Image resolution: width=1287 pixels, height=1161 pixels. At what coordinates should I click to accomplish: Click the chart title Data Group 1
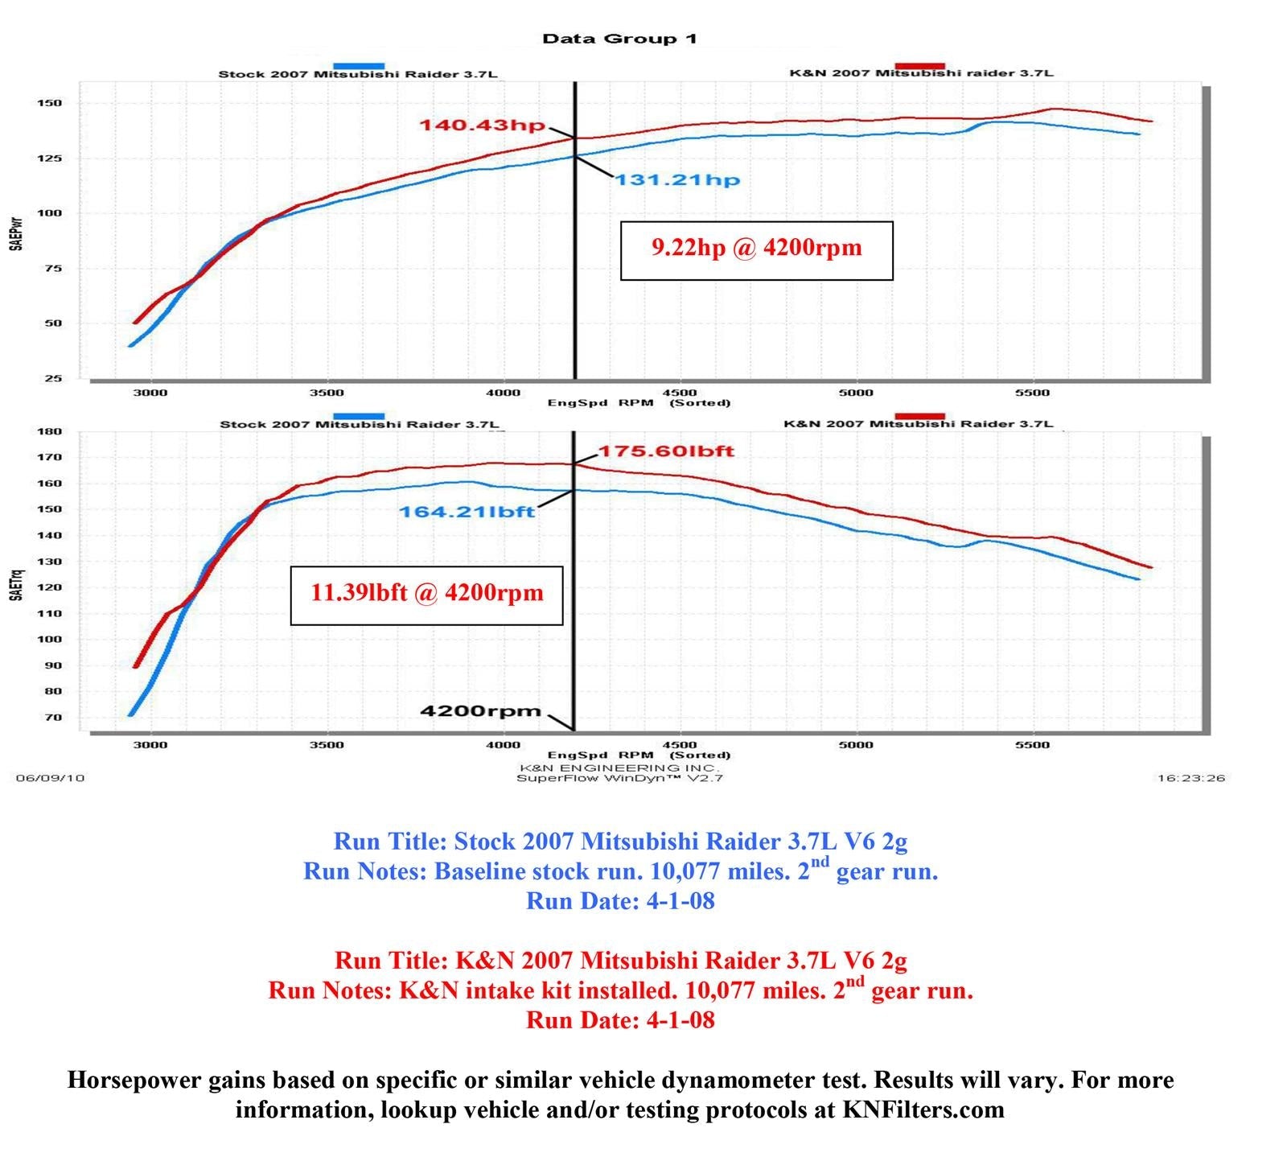[x=619, y=39]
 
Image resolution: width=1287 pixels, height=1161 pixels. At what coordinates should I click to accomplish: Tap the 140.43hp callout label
[x=482, y=126]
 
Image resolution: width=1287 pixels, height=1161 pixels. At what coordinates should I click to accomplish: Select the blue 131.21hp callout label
[x=677, y=179]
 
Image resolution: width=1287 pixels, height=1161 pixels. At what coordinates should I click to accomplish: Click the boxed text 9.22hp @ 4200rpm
[x=756, y=248]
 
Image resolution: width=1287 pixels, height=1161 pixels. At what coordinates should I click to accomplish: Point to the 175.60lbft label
[x=665, y=451]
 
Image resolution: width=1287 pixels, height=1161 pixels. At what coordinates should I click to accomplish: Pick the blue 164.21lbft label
[x=467, y=512]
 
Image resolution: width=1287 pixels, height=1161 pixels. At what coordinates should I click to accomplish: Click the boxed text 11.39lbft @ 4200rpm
[x=426, y=593]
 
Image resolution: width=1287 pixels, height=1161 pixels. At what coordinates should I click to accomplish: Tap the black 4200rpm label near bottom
[x=480, y=710]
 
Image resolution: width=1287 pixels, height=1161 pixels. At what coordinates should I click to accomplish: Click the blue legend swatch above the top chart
[x=358, y=66]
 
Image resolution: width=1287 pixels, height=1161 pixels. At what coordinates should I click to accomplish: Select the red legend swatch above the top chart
[x=919, y=66]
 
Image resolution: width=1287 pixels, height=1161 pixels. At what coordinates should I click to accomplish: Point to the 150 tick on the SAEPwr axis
[x=49, y=103]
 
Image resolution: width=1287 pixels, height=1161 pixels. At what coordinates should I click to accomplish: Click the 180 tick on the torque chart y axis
[x=49, y=431]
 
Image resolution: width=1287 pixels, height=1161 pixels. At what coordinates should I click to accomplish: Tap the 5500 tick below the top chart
[x=1032, y=393]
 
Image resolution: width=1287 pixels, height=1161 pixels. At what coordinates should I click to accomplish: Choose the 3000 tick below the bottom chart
[x=150, y=745]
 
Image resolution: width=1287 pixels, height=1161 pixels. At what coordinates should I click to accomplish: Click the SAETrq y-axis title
[x=16, y=585]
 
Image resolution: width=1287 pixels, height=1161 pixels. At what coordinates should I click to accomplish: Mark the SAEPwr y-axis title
[x=16, y=233]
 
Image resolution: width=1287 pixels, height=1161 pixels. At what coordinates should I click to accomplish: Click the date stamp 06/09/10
[x=50, y=778]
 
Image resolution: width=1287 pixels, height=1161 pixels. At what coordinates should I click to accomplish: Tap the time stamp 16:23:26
[x=1190, y=778]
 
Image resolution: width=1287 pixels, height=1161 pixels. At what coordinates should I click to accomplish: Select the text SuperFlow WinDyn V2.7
[x=619, y=778]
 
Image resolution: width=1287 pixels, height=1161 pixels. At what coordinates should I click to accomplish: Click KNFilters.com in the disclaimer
[x=923, y=1110]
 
